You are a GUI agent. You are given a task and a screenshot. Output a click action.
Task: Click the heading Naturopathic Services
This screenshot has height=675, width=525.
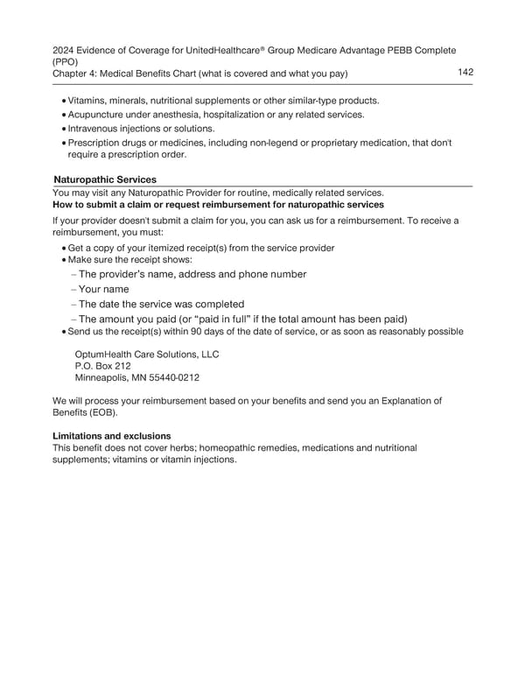click(x=105, y=179)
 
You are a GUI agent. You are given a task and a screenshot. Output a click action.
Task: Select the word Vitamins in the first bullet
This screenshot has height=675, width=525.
click(x=88, y=102)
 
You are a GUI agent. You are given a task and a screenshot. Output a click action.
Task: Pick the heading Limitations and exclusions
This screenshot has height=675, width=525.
click(x=112, y=435)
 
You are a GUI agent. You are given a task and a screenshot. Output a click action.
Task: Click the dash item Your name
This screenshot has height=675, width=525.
click(x=103, y=289)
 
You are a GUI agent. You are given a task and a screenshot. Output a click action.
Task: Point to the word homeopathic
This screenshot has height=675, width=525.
click(x=236, y=447)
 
